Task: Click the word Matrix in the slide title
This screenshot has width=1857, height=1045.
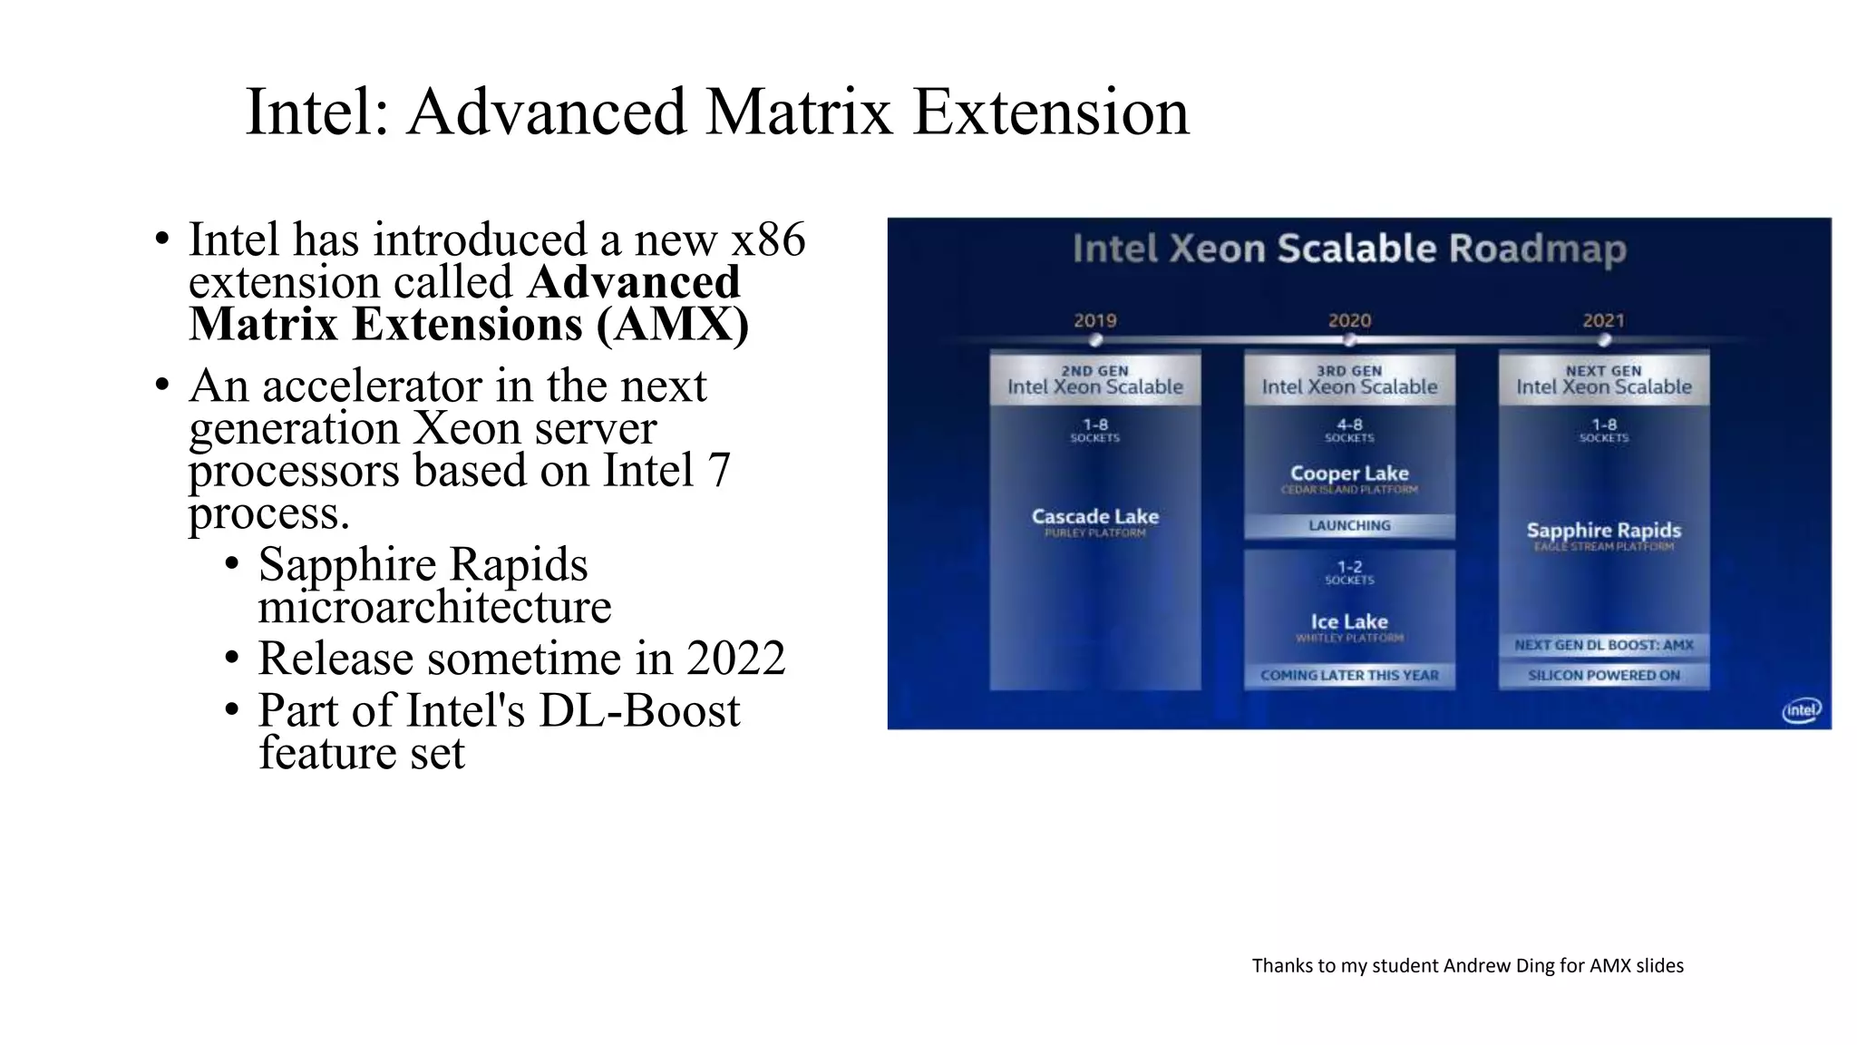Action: click(x=798, y=112)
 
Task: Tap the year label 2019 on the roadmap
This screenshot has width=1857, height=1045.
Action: click(x=1094, y=320)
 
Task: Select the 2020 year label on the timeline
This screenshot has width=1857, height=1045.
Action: click(x=1349, y=320)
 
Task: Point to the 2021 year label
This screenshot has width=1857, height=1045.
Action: click(x=1603, y=320)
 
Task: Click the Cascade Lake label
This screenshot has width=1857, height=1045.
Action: click(x=1094, y=516)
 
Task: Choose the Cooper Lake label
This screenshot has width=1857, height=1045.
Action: click(x=1349, y=474)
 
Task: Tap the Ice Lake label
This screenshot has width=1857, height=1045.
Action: click(x=1349, y=621)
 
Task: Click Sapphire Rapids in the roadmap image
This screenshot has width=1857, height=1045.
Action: click(x=1603, y=530)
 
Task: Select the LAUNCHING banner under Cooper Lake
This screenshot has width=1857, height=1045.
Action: click(x=1349, y=525)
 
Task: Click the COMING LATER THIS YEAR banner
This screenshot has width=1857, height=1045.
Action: click(x=1349, y=675)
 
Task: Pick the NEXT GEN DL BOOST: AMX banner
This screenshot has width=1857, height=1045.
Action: click(x=1603, y=645)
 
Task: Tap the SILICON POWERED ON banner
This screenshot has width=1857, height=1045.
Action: click(x=1603, y=675)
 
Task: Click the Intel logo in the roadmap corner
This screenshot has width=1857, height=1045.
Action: click(x=1801, y=710)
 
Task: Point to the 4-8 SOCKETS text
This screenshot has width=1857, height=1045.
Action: click(x=1349, y=430)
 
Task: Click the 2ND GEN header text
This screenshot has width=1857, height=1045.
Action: click(x=1094, y=371)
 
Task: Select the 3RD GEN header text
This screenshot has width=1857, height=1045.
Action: click(x=1349, y=371)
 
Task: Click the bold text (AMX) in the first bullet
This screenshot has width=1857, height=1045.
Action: click(x=672, y=325)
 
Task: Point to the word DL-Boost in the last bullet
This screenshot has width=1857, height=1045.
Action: click(x=638, y=710)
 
